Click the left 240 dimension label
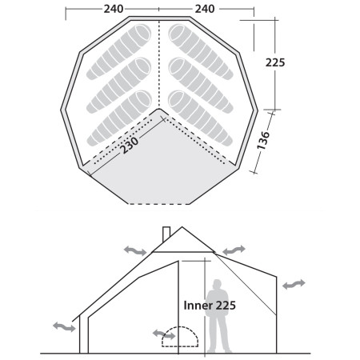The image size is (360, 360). pos(114,9)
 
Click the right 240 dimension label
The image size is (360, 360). pos(205,9)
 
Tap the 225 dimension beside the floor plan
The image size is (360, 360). pos(276,62)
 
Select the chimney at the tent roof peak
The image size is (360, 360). pos(166,233)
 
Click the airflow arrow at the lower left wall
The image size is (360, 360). pos(63,326)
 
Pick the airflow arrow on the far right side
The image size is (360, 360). pos(293,284)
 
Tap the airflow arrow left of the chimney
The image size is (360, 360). pos(135,250)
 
